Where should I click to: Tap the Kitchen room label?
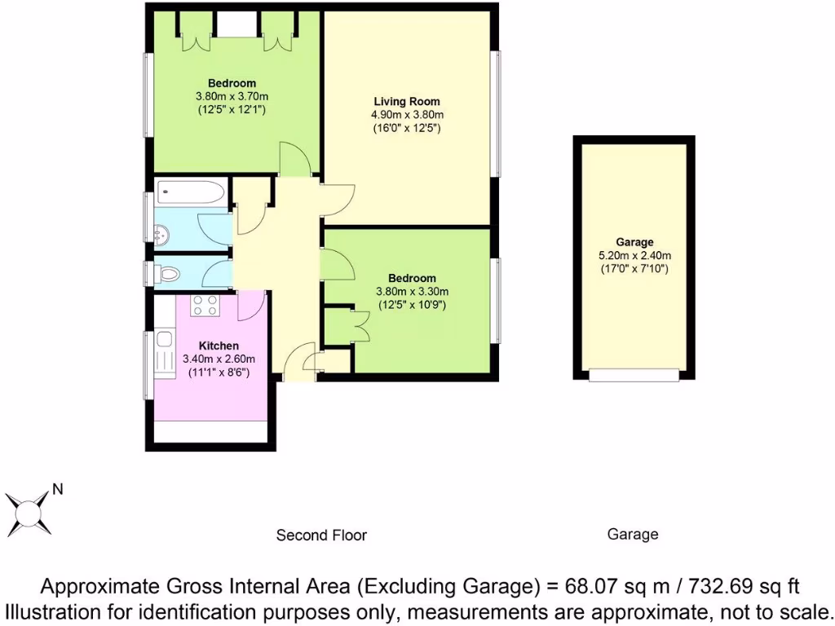pos(198,346)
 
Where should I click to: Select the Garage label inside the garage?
pos(634,242)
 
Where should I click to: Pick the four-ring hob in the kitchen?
pos(204,306)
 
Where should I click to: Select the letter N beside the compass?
pos(58,490)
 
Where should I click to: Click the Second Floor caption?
pos(321,536)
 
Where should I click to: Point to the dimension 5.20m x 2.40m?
pos(634,255)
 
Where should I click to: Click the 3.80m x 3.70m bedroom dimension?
pos(232,96)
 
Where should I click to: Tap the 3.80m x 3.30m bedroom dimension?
pos(412,292)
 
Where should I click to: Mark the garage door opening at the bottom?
pos(634,375)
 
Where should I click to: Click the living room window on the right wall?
pos(495,113)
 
